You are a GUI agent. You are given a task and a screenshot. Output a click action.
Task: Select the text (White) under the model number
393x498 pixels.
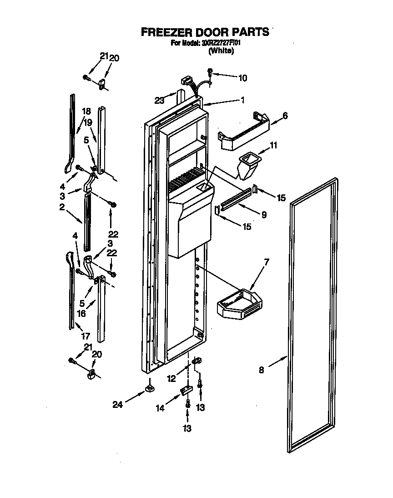(221, 51)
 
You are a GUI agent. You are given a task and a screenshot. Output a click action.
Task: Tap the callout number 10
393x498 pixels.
(242, 78)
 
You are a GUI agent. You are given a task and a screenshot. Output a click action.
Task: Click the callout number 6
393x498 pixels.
(285, 116)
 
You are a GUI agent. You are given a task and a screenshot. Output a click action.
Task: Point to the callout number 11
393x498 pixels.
(273, 145)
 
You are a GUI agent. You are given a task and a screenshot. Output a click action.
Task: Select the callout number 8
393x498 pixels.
(261, 370)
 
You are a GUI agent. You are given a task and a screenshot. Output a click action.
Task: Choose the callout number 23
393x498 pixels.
(159, 101)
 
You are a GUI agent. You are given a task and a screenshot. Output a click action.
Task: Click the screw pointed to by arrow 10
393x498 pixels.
(210, 72)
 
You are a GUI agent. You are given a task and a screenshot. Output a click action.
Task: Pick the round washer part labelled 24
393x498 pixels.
(149, 388)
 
